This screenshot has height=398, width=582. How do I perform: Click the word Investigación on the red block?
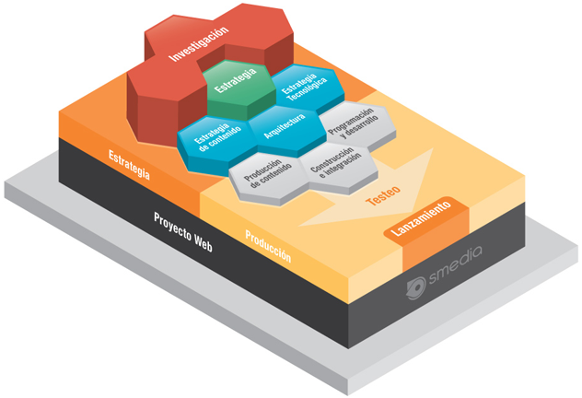[199, 43]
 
